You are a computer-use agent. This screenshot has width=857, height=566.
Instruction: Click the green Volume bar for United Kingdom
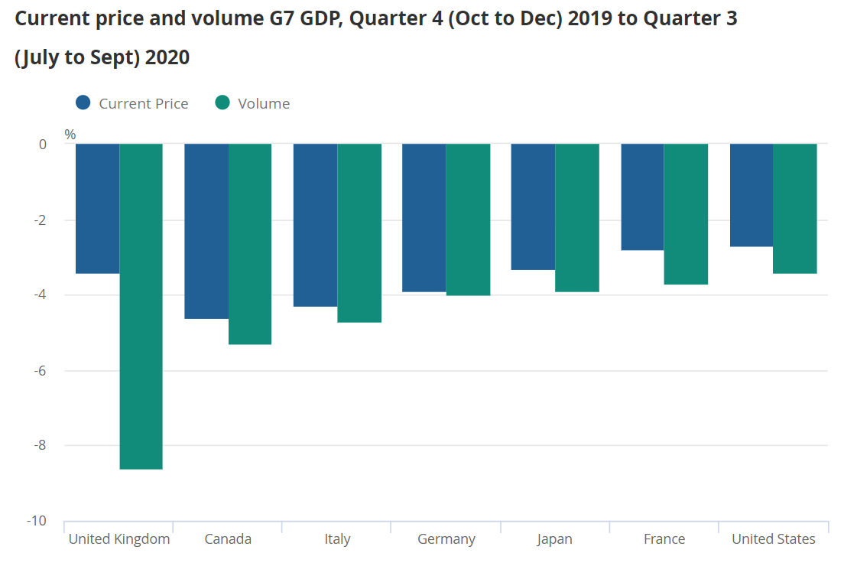click(x=141, y=306)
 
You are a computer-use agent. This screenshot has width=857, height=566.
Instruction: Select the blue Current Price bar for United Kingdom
click(x=97, y=208)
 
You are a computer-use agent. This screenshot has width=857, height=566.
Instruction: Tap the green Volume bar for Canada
click(x=250, y=244)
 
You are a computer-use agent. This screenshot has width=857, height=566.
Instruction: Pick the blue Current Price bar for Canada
click(x=206, y=231)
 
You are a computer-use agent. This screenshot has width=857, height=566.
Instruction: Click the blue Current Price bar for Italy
click(x=315, y=225)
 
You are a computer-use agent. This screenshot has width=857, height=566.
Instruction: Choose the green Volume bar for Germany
click(x=468, y=220)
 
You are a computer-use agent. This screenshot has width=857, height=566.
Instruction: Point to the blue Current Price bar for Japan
click(x=533, y=207)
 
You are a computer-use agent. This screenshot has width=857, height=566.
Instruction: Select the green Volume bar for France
click(x=686, y=214)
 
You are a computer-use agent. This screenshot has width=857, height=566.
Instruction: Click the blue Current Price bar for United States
click(x=751, y=195)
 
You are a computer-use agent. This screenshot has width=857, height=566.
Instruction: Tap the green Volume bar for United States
click(x=795, y=208)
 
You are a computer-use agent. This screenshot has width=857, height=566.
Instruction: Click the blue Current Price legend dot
click(x=83, y=102)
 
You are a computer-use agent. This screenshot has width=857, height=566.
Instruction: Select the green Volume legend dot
click(x=222, y=102)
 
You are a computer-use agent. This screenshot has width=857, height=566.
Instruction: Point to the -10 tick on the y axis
click(x=37, y=521)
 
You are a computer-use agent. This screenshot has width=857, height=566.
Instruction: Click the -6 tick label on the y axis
click(x=41, y=370)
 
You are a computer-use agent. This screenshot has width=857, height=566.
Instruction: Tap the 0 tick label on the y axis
click(x=43, y=144)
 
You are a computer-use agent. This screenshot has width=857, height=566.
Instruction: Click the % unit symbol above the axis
click(x=70, y=135)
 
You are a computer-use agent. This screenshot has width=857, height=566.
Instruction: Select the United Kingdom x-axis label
click(x=119, y=539)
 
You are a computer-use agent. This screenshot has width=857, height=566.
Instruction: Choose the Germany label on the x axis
click(x=446, y=539)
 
